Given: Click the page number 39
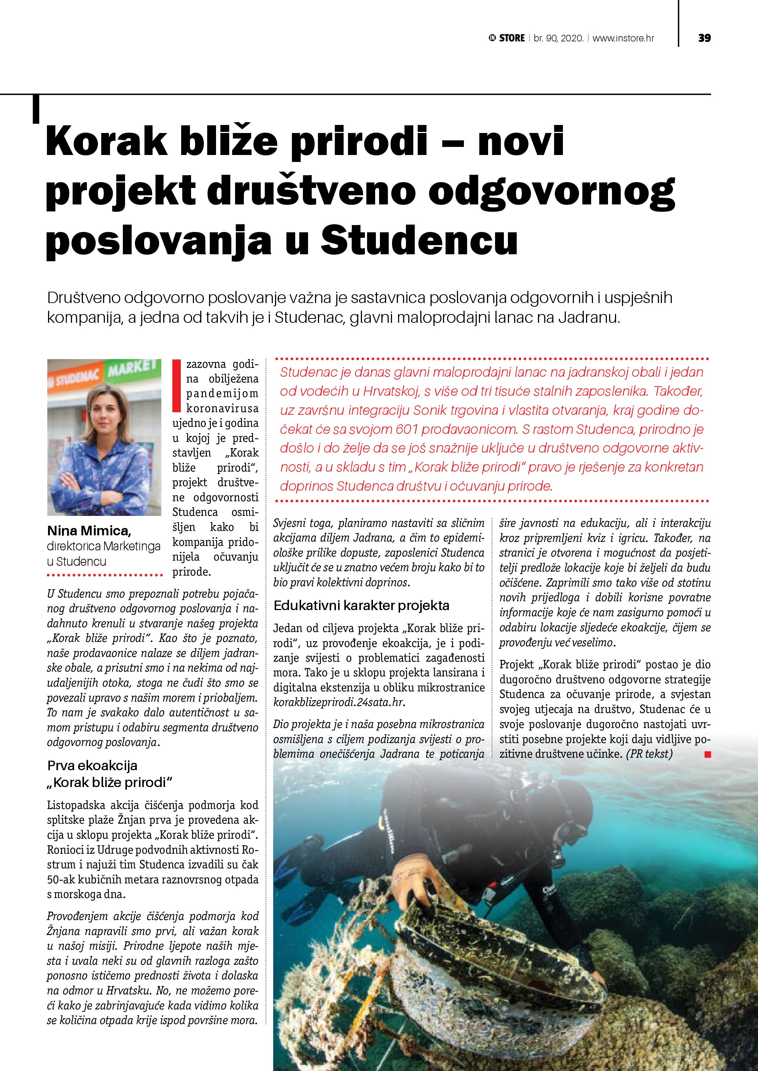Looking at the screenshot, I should coord(704,38).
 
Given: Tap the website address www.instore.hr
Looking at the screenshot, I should coord(623,38).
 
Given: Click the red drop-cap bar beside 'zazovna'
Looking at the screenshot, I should coord(176,386).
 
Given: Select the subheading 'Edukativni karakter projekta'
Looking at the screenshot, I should coord(361,605).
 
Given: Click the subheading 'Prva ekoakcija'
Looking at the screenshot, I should coord(92,765).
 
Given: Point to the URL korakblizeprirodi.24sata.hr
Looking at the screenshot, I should coord(339,702).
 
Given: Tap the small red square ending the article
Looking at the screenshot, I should coord(708,754).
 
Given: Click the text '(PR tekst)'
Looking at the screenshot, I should coord(649,754).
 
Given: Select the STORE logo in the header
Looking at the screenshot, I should coord(506,38).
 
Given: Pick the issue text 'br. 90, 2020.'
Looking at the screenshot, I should coord(559,38).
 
